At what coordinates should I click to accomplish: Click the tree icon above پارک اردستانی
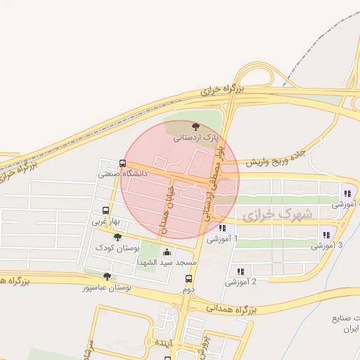click(195, 127)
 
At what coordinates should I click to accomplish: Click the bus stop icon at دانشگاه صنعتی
click(123, 165)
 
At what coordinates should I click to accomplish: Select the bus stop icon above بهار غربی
click(105, 210)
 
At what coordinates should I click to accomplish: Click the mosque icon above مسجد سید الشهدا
click(167, 252)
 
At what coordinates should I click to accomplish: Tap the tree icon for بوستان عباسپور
click(106, 277)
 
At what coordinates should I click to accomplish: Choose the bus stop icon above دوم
click(188, 278)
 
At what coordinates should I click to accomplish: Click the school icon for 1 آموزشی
click(222, 228)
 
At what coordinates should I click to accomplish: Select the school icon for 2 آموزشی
click(240, 271)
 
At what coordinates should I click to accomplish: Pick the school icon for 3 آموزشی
click(326, 235)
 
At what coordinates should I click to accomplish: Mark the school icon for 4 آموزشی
click(347, 193)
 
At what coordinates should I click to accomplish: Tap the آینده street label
click(164, 342)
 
